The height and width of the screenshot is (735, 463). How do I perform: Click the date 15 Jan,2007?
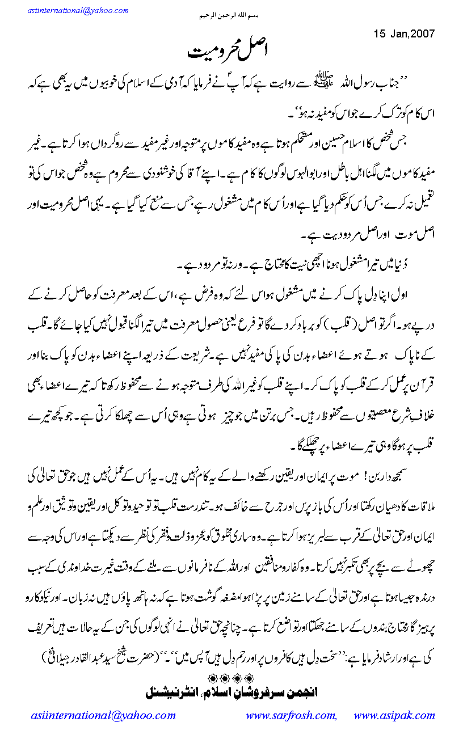pos(405,33)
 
